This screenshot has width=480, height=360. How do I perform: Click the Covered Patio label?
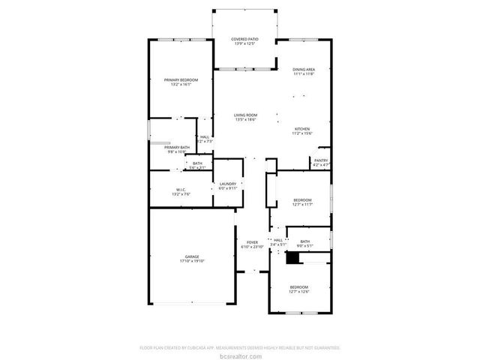(x=245, y=40)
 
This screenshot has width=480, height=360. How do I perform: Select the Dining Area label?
(x=304, y=70)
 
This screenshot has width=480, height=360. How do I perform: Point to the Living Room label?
(x=245, y=115)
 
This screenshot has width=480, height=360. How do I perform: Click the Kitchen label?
(x=301, y=129)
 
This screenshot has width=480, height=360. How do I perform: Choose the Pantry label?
(x=320, y=160)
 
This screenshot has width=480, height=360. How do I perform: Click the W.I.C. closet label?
(x=181, y=189)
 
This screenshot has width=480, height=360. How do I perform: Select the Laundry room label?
(x=228, y=184)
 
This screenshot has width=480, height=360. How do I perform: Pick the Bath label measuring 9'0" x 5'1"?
(x=305, y=241)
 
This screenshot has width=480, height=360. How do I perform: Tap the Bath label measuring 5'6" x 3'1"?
(x=197, y=163)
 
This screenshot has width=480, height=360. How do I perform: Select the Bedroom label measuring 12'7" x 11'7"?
(x=302, y=199)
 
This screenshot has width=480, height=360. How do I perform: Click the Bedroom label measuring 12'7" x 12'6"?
(x=299, y=287)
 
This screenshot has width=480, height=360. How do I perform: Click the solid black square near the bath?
(x=293, y=257)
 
